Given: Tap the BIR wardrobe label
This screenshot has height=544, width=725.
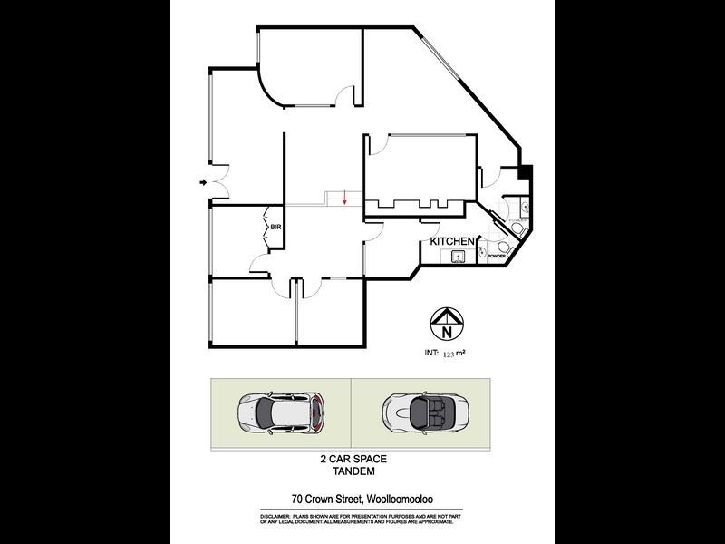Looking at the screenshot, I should (274, 228).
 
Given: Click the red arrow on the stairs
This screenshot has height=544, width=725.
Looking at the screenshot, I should (344, 201).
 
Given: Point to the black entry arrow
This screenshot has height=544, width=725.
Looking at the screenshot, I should (202, 184).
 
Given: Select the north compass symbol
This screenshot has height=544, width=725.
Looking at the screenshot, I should (445, 321).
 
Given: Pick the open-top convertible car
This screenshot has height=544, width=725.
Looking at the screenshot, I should (419, 413).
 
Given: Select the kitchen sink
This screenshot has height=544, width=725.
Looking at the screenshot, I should (459, 257).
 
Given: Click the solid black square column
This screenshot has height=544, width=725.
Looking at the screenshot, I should (526, 171).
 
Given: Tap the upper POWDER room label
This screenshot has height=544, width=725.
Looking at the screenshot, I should (518, 219).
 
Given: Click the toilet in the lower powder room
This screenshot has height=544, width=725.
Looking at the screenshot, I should (484, 251).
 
